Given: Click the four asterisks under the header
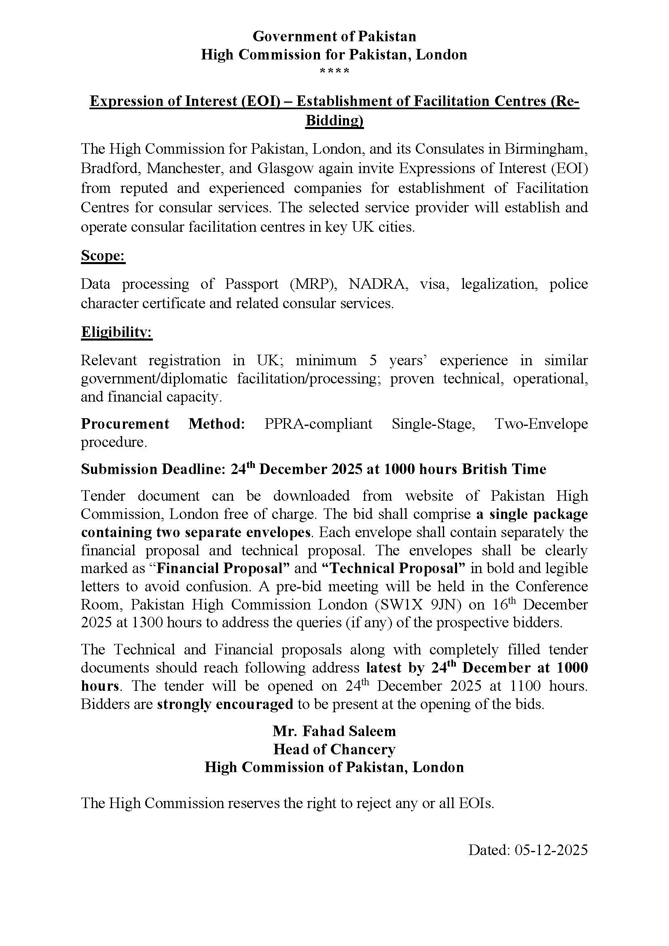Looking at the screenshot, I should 334,71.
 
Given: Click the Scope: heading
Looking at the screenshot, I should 103,256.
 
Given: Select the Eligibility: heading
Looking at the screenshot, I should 116,332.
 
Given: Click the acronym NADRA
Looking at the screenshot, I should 378,284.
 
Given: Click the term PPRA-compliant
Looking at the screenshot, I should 318,423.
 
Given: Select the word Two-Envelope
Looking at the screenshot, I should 541,423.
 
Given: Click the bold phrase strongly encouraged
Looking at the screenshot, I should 225,704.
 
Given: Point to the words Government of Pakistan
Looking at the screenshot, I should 334,37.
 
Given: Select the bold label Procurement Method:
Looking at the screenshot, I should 163,423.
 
